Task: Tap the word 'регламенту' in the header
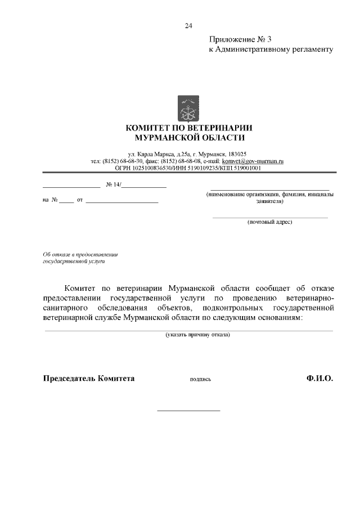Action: (312, 49)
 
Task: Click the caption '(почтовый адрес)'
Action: (269, 222)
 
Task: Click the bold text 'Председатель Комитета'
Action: (89, 379)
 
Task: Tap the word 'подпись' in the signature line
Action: (200, 380)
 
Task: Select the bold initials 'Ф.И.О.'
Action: (320, 379)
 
